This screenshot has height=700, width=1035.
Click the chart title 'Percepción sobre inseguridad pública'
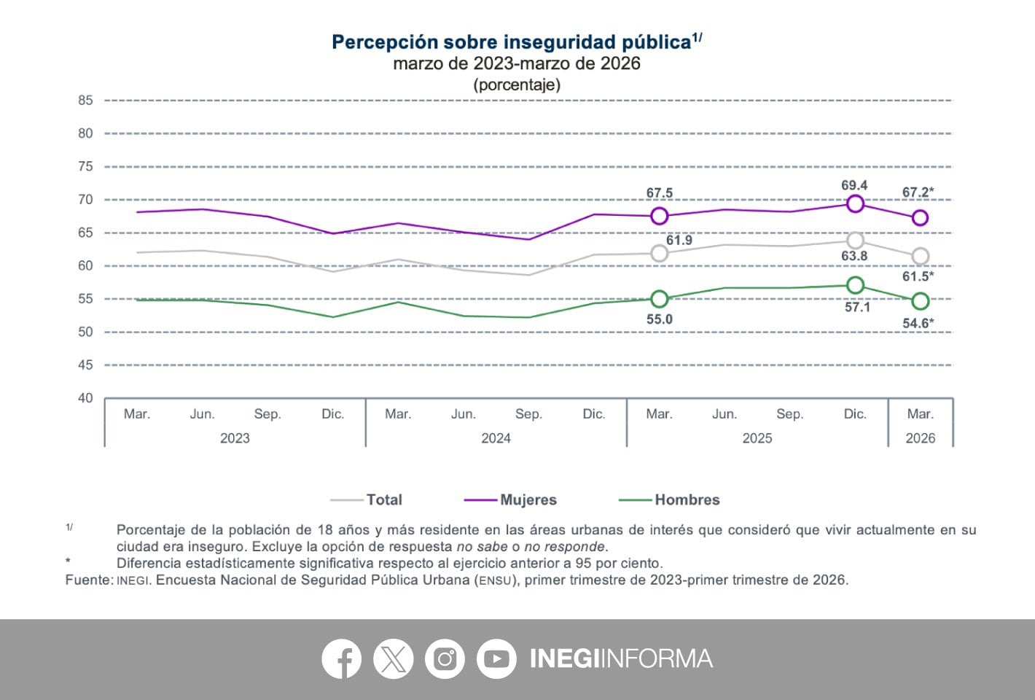point(512,42)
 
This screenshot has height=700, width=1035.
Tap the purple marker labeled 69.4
point(855,204)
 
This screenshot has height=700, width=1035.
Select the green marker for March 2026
point(920,301)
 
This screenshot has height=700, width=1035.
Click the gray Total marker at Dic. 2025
point(855,241)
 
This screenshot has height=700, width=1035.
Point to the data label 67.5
point(659,193)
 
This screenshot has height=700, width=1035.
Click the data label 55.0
point(659,319)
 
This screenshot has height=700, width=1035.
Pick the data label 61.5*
point(918,276)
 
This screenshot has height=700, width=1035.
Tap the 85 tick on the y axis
point(86,101)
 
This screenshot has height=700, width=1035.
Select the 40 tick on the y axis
point(86,398)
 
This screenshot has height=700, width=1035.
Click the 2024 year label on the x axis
point(496,438)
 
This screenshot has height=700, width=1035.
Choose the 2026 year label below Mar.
point(920,438)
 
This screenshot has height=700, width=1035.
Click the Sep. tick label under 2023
point(267,414)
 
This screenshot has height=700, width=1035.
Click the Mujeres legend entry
point(528,499)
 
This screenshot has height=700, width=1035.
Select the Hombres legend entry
point(687,499)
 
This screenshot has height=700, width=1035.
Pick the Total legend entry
point(383,499)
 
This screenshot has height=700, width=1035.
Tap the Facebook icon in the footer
point(341,659)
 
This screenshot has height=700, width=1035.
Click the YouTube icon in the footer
point(496,659)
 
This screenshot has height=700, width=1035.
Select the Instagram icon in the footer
point(445,659)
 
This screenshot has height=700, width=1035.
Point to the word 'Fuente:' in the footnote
point(89,580)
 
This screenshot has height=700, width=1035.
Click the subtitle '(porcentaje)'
point(517,85)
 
